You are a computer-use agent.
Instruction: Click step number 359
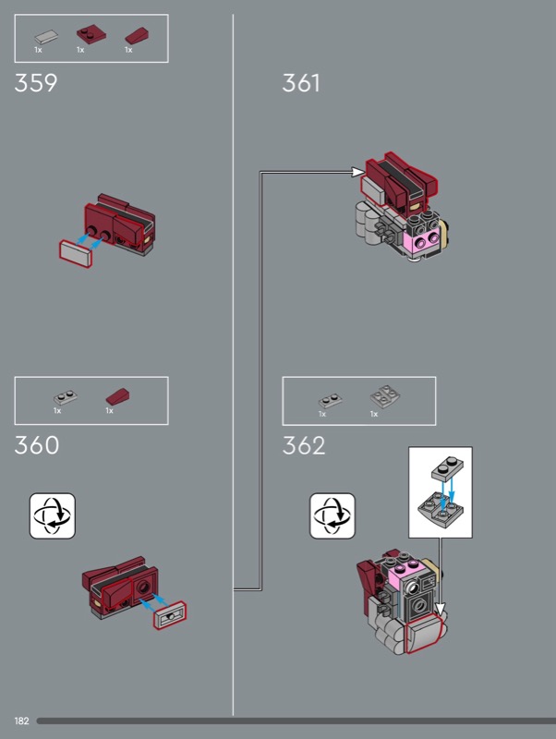[36, 83]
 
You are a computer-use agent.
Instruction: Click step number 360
[37, 445]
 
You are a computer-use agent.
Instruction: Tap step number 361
[300, 83]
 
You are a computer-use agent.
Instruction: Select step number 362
[304, 445]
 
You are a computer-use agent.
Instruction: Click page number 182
[21, 721]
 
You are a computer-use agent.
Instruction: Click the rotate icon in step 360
[53, 515]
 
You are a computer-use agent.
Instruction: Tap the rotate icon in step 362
[332, 515]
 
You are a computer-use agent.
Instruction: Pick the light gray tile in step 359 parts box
[46, 37]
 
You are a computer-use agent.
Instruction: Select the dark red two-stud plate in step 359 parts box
[91, 35]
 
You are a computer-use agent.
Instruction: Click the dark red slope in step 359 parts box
[137, 36]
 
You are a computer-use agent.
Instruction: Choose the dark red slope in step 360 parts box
[118, 397]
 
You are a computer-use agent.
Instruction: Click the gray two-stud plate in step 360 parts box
[66, 397]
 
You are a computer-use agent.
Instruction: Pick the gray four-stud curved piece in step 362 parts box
[385, 396]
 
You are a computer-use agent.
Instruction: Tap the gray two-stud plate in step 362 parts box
[331, 401]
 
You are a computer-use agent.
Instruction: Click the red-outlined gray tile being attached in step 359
[76, 253]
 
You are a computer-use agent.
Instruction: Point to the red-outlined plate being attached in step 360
[170, 615]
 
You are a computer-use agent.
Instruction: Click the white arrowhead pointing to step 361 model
[358, 172]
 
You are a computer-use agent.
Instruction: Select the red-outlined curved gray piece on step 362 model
[423, 634]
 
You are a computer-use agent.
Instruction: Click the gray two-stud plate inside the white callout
[447, 469]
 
